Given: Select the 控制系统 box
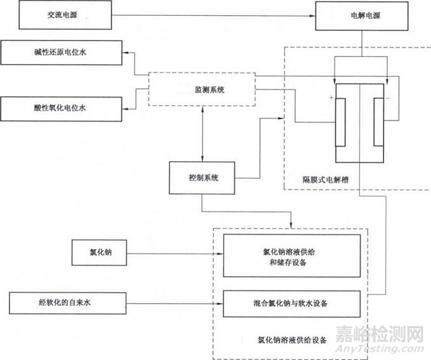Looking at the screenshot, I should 202,178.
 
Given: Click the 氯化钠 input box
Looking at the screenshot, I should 101,252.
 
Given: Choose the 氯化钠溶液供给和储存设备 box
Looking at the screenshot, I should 292,256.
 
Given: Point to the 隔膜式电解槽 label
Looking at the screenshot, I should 327,179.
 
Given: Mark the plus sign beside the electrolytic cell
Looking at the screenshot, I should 331,98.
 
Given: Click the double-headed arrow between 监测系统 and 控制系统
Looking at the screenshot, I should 202,134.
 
